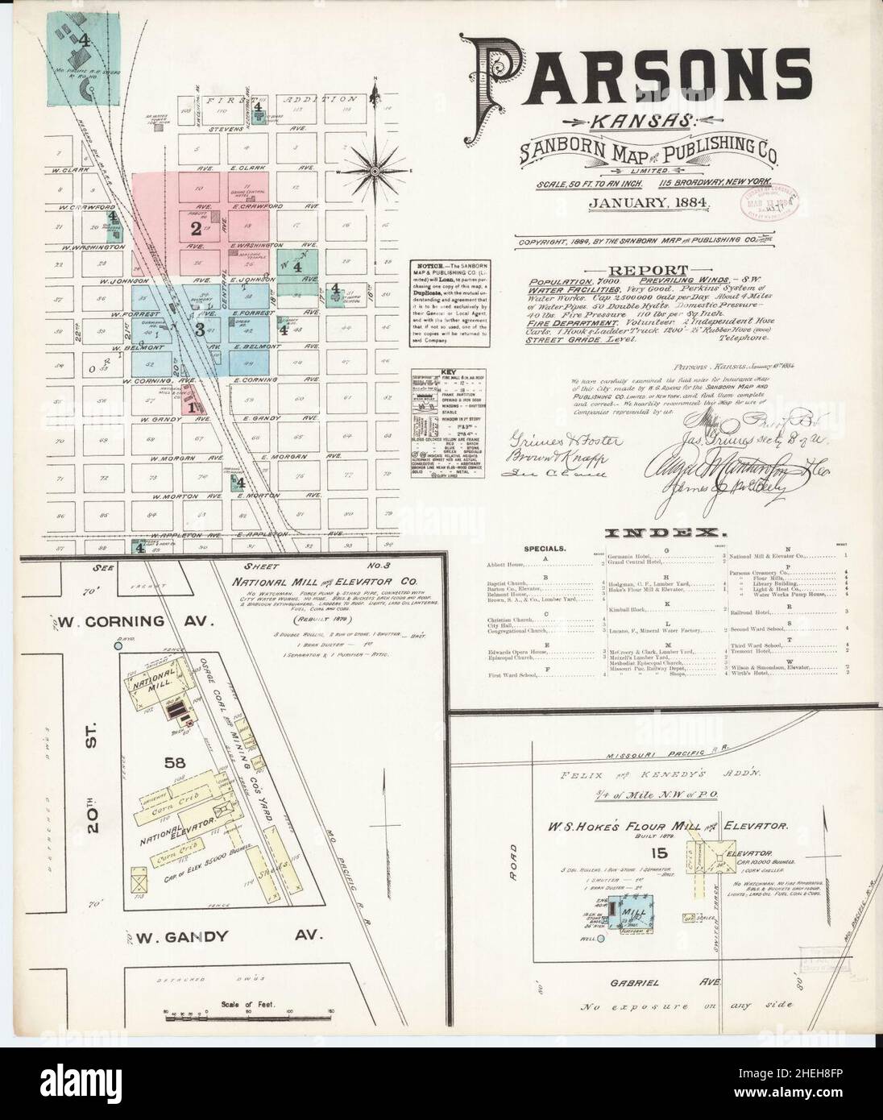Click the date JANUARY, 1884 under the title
[x=649, y=203]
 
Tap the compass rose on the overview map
[x=375, y=169]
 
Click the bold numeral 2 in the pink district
[x=195, y=229]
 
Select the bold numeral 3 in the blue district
[x=198, y=328]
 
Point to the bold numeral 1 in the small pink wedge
[x=192, y=408]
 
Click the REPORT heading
[x=648, y=271]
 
